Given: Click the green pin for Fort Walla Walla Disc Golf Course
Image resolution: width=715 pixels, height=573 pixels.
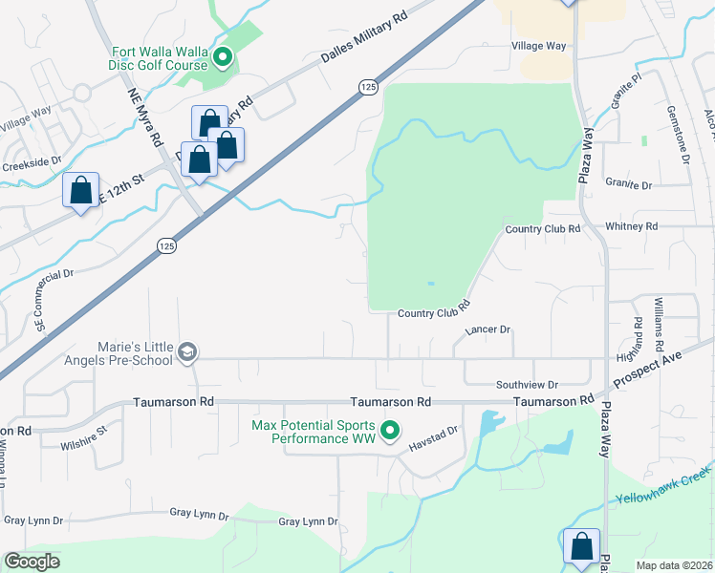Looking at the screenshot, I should [223, 59].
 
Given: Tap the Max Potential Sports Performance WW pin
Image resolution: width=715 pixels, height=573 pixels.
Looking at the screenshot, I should [389, 433].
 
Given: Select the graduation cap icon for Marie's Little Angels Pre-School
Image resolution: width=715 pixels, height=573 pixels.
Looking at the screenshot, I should [187, 353].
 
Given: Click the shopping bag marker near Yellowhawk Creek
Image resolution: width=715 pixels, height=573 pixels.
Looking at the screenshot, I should [581, 546].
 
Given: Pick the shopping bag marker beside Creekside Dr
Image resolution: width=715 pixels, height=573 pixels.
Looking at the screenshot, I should [81, 190].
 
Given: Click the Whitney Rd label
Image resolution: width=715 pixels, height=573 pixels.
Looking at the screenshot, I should [632, 226].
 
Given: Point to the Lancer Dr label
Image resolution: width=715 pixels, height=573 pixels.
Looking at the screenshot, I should [487, 329].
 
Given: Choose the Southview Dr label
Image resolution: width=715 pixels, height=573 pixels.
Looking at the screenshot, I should [526, 384].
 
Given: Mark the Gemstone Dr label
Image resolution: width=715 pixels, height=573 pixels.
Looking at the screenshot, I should [680, 134].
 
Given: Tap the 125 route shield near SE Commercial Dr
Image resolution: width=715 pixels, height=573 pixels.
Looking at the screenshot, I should [166, 246].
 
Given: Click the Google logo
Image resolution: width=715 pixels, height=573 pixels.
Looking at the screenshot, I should [32, 562].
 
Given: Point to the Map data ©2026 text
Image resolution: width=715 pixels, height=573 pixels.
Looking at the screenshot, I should [674, 564].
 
